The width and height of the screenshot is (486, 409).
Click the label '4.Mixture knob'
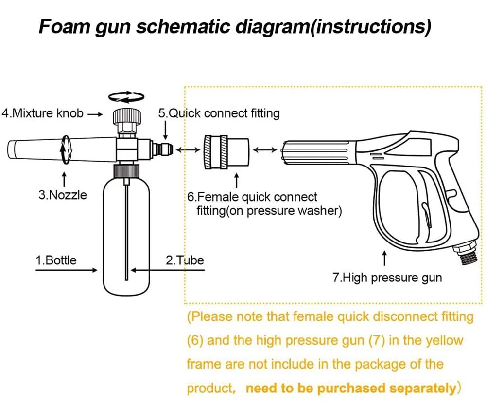pos(43,114)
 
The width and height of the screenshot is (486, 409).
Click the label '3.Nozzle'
pos(63,195)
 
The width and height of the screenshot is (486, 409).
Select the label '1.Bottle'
pos(56,260)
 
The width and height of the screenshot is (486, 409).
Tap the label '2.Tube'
pos(185,260)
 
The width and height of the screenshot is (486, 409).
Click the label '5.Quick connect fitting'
pos(219,113)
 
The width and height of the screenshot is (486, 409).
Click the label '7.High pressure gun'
pos(387,278)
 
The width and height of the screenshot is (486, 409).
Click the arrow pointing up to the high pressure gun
pos(384,258)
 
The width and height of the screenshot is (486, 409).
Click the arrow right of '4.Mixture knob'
pos(95,114)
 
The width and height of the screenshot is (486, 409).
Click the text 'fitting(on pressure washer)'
pos(269,211)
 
